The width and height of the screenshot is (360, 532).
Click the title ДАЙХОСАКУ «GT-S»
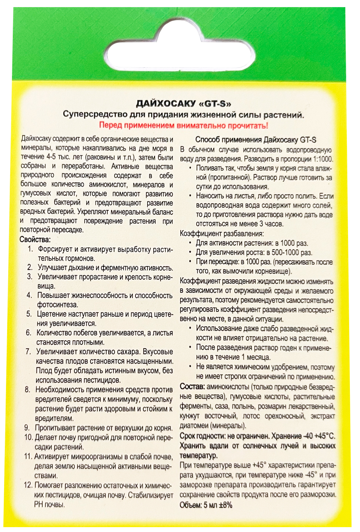[x=183, y=103]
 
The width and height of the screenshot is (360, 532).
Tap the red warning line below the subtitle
[x=183, y=125]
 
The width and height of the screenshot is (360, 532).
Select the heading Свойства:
[x=35, y=239]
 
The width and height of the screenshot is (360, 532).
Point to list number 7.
[x=28, y=352]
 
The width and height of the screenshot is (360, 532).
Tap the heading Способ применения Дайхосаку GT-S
[x=256, y=140]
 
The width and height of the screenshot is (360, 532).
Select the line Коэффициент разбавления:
[x=222, y=234]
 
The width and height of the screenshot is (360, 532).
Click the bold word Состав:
[x=192, y=386]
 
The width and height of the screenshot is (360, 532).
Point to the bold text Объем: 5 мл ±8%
[x=206, y=505]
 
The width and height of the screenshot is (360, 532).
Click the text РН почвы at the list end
[x=49, y=504]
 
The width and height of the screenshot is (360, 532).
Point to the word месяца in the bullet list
[x=258, y=357]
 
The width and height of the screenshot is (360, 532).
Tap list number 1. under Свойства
[x=30, y=249]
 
